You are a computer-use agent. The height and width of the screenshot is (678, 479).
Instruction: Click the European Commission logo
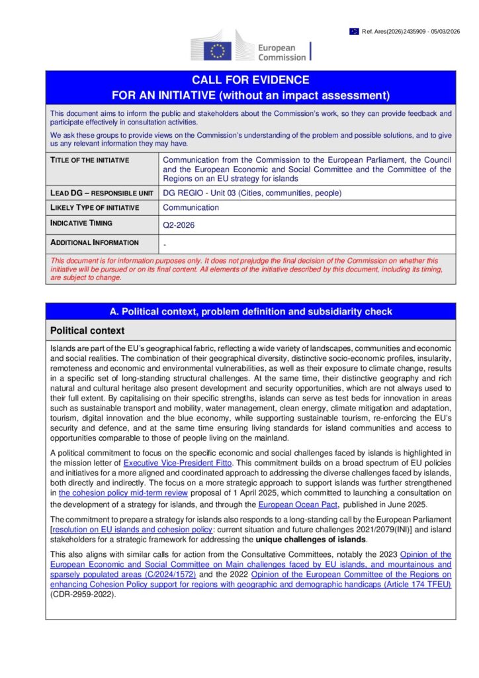(x=251, y=47)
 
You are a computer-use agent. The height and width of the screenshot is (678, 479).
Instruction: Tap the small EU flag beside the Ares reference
(x=355, y=31)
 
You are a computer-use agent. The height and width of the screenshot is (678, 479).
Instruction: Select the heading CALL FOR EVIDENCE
(x=251, y=80)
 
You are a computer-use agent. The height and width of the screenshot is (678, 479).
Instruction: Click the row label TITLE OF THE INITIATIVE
(x=90, y=160)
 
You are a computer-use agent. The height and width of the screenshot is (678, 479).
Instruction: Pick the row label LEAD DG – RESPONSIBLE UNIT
(x=100, y=193)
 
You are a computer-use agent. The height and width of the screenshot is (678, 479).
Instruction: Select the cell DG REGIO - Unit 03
(x=252, y=193)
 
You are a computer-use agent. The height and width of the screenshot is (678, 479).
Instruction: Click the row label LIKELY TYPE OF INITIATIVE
(x=95, y=208)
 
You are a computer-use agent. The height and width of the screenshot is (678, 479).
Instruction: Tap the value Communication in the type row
(x=191, y=208)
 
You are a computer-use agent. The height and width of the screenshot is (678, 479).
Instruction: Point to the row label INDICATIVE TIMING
(x=81, y=223)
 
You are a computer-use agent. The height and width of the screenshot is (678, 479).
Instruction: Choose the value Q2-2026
(x=179, y=225)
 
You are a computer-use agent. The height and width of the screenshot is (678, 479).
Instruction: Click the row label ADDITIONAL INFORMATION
(x=95, y=242)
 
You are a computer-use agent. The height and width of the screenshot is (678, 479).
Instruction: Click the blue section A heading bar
(x=251, y=311)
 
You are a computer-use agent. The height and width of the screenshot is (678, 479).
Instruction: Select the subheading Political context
(x=87, y=330)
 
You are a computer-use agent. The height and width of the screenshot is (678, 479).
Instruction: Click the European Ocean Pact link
(x=288, y=505)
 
